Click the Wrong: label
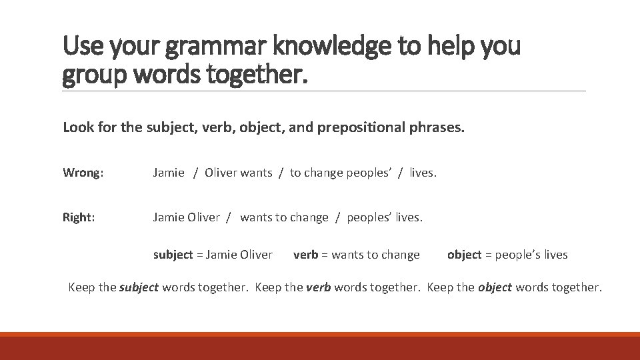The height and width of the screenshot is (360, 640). click(x=83, y=173)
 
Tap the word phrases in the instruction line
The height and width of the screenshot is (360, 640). click(x=438, y=127)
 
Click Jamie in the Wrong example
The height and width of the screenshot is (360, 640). click(x=169, y=173)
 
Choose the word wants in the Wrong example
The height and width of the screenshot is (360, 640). click(x=256, y=173)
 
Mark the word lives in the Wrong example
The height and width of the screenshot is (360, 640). click(x=423, y=173)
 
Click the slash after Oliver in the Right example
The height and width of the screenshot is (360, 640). click(x=229, y=217)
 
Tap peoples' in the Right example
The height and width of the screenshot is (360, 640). click(x=367, y=217)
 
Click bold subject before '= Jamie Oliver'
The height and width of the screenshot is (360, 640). click(x=173, y=255)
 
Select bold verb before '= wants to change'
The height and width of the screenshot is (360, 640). click(x=305, y=255)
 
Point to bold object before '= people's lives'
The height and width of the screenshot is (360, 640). click(x=464, y=255)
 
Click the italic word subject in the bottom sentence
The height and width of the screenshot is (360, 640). click(x=139, y=287)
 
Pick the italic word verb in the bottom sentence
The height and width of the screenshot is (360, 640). click(x=317, y=287)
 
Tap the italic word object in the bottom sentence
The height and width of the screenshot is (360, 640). click(x=495, y=287)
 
